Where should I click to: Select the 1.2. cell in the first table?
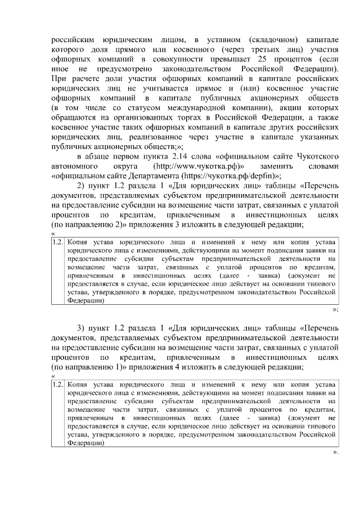(57, 242)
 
